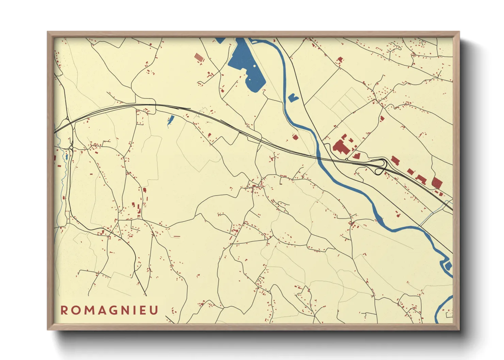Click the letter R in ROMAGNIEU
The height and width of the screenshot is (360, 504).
[x=64, y=310]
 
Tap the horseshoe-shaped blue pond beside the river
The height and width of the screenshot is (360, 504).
[x=293, y=98]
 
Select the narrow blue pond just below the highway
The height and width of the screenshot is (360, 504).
[x=171, y=120]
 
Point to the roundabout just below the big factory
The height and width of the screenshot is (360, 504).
[x=347, y=159]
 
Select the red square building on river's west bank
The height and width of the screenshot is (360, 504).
[x=295, y=137]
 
